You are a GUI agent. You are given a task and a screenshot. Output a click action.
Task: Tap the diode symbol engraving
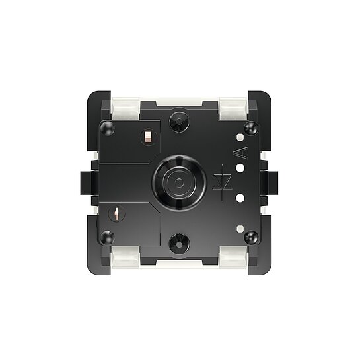(x=223, y=183)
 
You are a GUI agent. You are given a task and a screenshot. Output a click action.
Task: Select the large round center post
(x=179, y=183)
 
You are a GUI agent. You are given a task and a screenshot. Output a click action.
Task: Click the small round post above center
(x=179, y=120)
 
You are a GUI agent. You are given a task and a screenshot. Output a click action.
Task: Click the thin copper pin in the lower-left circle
(x=117, y=213)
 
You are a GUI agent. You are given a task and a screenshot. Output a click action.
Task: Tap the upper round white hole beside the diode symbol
(x=240, y=168)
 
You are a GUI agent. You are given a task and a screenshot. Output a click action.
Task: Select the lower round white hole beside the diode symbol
(x=240, y=198)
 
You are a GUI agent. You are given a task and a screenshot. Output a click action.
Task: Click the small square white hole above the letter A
(x=240, y=137)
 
